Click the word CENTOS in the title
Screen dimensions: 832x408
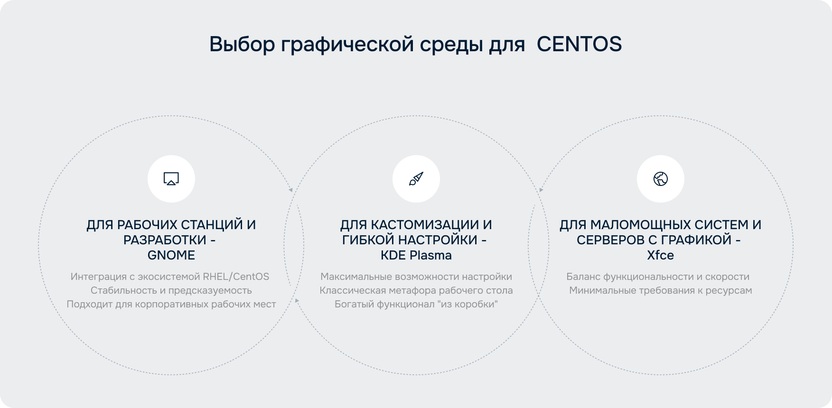coord(579,44)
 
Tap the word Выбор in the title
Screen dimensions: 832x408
coord(242,44)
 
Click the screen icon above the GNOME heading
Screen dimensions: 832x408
coord(171,179)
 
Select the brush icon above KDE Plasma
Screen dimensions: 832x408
coord(416,179)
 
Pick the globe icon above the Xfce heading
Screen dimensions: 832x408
coord(661,179)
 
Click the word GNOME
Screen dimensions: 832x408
coord(171,255)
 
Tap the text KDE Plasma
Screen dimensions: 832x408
coord(416,255)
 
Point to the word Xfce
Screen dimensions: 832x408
coord(661,255)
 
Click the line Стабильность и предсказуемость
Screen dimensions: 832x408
coord(171,290)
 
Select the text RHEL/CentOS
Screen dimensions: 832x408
coord(236,277)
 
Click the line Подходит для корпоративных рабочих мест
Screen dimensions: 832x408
coord(171,304)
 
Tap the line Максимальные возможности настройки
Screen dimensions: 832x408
coord(416,277)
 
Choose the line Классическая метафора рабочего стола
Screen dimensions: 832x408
coord(416,290)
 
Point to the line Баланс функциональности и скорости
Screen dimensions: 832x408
coord(658,277)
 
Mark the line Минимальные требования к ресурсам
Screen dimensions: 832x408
coord(661,290)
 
